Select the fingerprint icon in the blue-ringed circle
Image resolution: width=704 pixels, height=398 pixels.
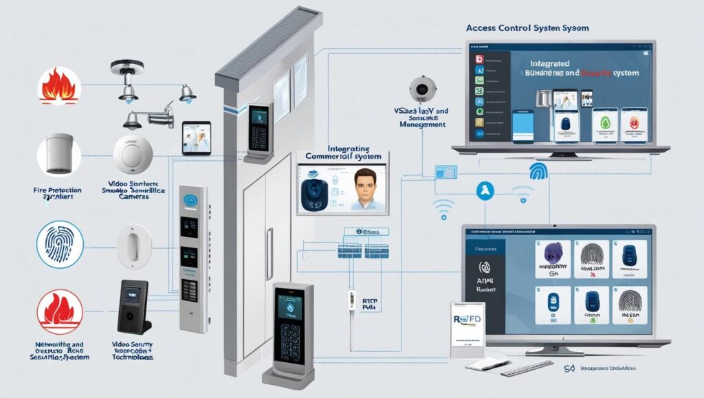click(60, 244)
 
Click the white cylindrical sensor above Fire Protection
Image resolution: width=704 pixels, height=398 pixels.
click(60, 154)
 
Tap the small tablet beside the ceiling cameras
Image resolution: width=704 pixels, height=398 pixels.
click(195, 139)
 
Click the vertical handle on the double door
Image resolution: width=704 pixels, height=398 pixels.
click(269, 244)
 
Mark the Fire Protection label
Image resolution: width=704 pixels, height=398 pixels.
click(58, 190)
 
